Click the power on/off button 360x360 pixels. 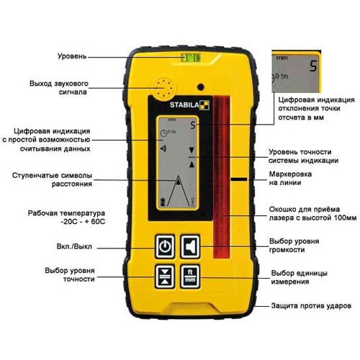pos(165,246)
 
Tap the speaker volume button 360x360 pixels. pos(190,246)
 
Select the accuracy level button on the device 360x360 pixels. pos(165,276)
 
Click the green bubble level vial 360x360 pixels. pos(191,58)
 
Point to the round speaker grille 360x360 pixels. pos(163,88)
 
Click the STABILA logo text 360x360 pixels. pos(184,105)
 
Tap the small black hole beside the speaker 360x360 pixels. pos(201,86)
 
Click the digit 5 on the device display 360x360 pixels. pos(193,125)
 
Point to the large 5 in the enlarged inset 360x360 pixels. pos(313,66)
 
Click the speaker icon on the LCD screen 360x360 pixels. pos(163,149)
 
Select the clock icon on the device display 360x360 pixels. pos(163,132)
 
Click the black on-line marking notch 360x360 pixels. pos(239,179)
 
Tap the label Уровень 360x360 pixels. pos(72,56)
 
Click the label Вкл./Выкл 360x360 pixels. pos(74,246)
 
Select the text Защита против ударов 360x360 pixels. pos(311,306)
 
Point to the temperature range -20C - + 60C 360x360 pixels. pos(84,221)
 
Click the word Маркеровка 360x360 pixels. pos(290,174)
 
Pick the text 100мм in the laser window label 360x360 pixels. pos(345,217)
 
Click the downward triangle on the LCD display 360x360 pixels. pos(192,150)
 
